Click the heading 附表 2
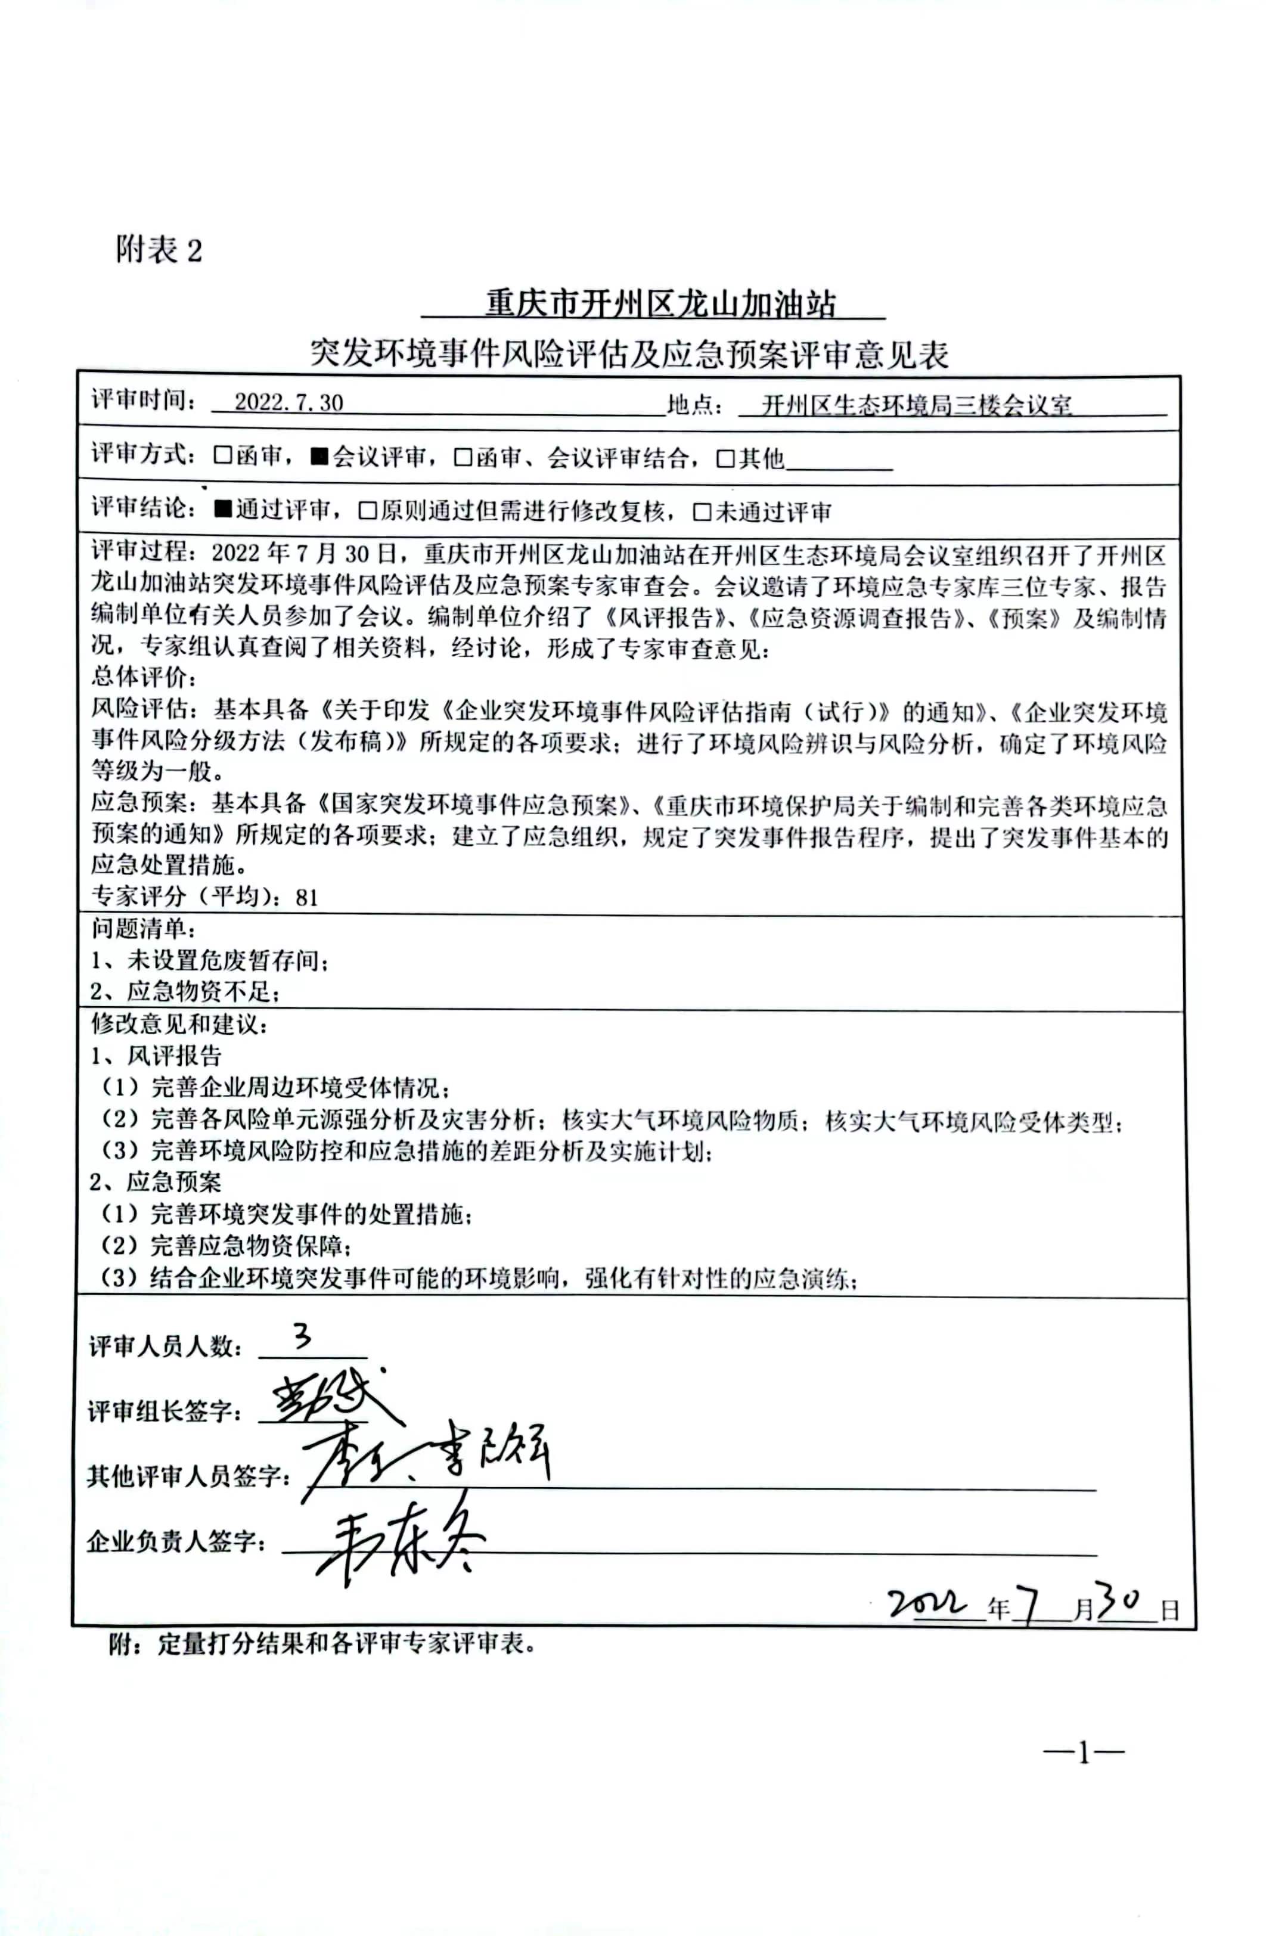[x=159, y=249]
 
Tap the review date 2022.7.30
[x=289, y=403]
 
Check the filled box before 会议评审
[x=319, y=457]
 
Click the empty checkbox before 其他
[x=725, y=460]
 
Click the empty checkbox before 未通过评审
[x=702, y=513]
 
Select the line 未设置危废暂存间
[x=210, y=961]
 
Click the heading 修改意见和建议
[x=179, y=1024]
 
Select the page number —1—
[x=1083, y=1753]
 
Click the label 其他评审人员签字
[x=189, y=1476]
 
